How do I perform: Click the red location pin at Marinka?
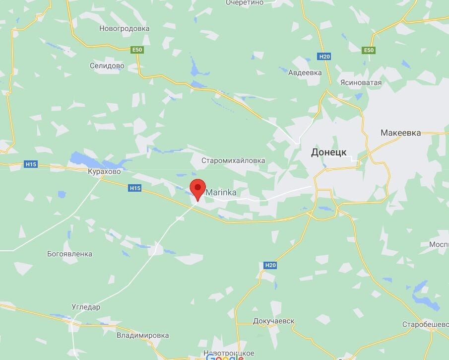(x=198, y=188)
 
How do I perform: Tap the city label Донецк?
(x=329, y=152)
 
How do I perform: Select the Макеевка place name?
(x=400, y=133)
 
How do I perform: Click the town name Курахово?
(x=104, y=171)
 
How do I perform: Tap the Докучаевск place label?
(x=273, y=321)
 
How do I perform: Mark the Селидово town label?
(x=107, y=66)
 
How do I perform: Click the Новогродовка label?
(x=124, y=28)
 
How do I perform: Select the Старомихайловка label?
(x=233, y=160)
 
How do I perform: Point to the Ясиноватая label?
(x=361, y=82)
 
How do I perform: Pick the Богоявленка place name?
(x=69, y=254)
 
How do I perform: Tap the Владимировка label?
(x=143, y=335)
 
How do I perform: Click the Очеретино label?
(x=244, y=3)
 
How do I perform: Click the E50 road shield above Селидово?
(x=137, y=50)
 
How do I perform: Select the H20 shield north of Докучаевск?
(x=270, y=265)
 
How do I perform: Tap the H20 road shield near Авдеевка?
(x=324, y=57)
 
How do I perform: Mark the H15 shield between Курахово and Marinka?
(x=135, y=188)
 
